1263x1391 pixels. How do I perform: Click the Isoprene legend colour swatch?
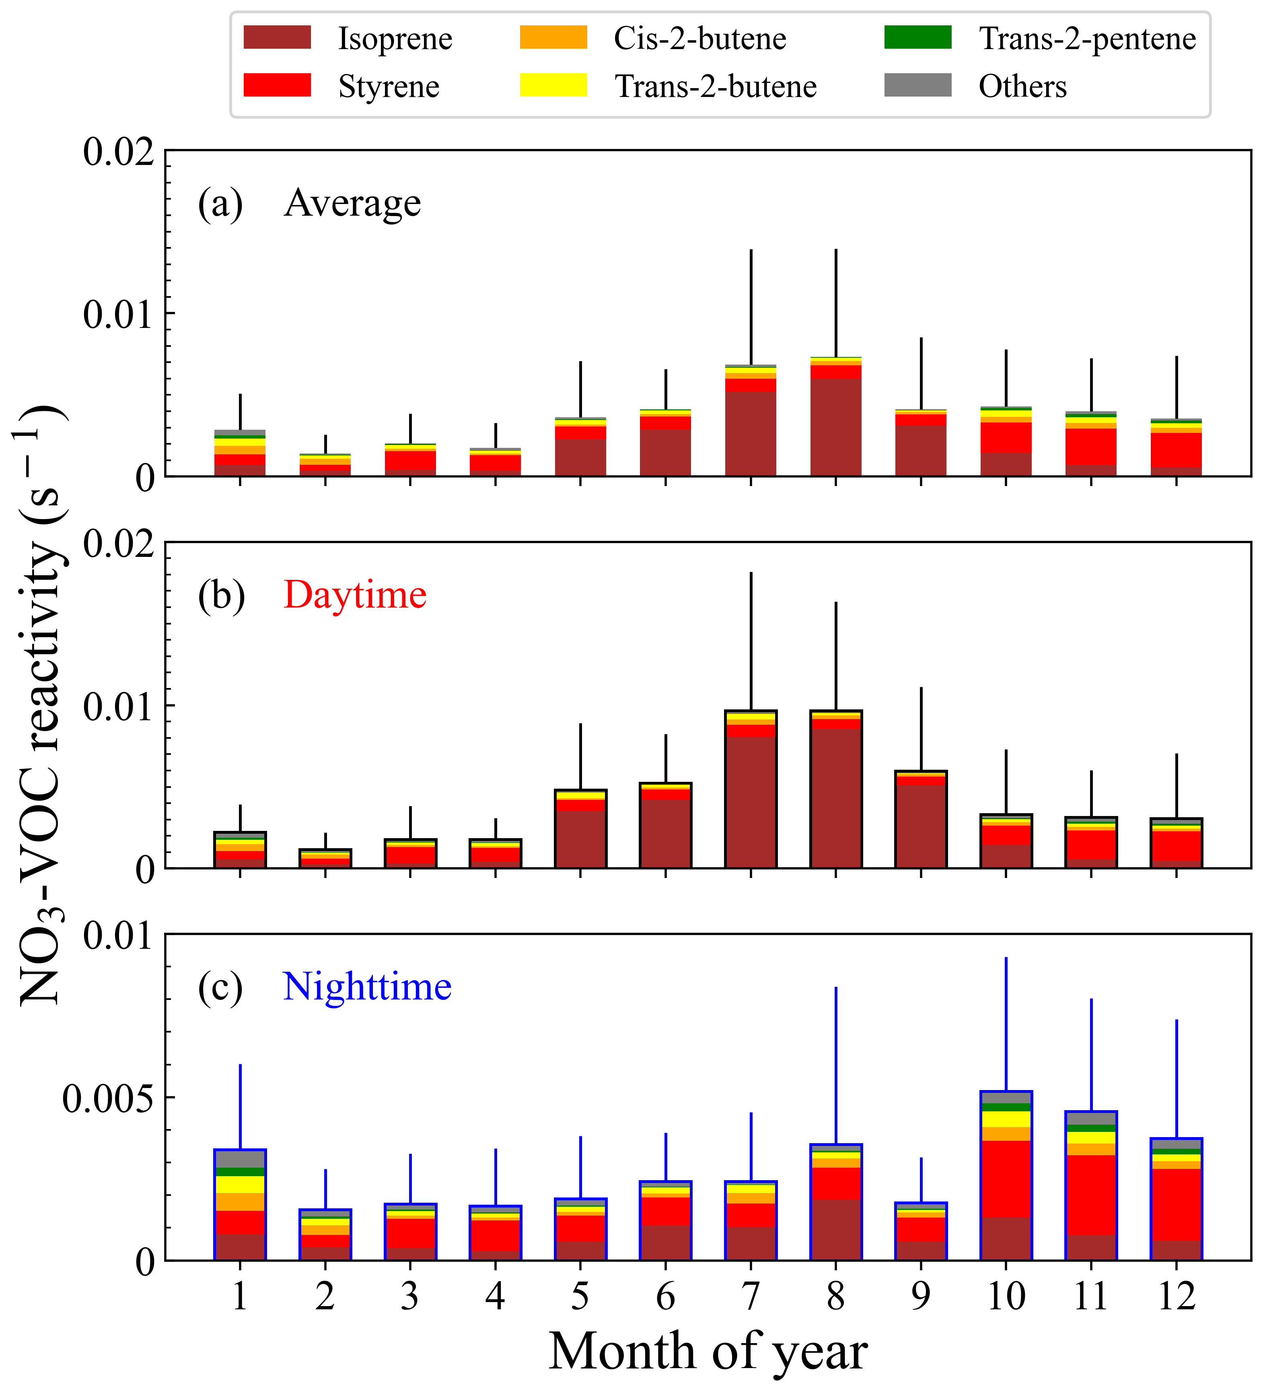(277, 37)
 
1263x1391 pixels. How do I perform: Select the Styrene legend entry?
(388, 86)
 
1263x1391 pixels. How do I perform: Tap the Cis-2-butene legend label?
(699, 39)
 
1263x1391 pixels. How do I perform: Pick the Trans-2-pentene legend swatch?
(917, 37)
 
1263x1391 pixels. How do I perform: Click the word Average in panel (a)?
(352, 203)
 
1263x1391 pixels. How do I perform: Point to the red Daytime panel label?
(354, 595)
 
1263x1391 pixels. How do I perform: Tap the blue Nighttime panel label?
(367, 987)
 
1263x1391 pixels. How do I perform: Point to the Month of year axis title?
(708, 1352)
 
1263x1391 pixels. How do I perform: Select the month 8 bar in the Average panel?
(835, 421)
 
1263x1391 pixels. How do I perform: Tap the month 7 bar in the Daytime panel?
(751, 793)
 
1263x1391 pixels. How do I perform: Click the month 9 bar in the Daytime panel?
(921, 821)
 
